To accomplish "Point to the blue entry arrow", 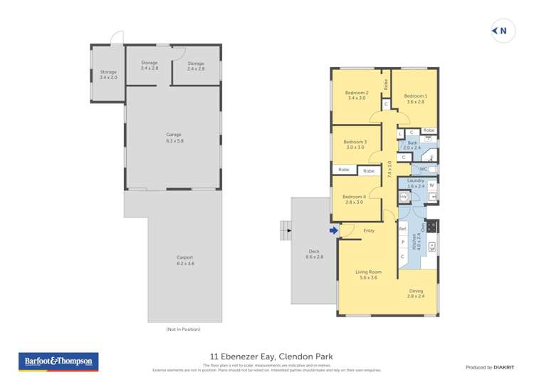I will pyautogui.click(x=333, y=230).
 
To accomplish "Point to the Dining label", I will pyautogui.click(x=416, y=293).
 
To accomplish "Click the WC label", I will pyautogui.click(x=423, y=169).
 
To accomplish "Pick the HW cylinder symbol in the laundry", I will pyautogui.click(x=403, y=196).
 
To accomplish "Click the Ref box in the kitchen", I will pyautogui.click(x=402, y=229).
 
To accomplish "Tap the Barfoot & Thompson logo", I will pyautogui.click(x=58, y=361).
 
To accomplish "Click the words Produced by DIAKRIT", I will pyautogui.click(x=489, y=367).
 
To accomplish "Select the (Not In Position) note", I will pyautogui.click(x=184, y=329).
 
